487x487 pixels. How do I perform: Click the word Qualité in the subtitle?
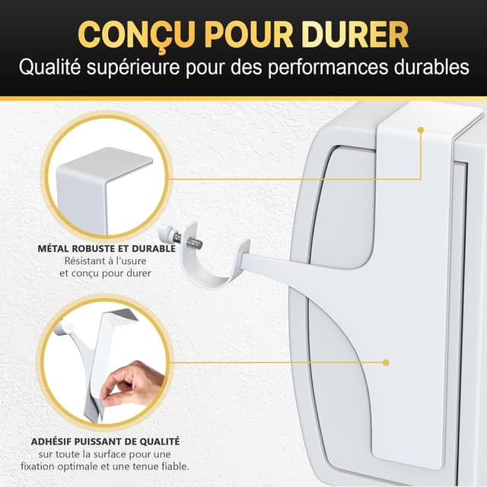pos(47,68)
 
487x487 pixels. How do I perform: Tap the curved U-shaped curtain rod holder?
pos(209,263)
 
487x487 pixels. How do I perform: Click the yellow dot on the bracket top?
pos(419,130)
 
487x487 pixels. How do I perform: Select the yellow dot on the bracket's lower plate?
pos(386,364)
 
